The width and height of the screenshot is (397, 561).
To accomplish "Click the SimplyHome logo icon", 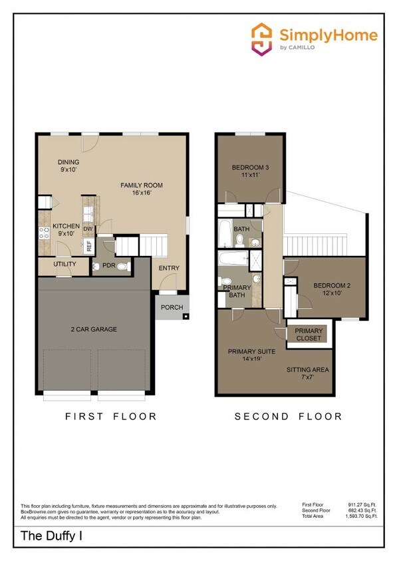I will click(x=262, y=39).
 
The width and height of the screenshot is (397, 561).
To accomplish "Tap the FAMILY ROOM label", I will click(x=141, y=185).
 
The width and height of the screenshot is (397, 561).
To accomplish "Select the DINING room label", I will click(x=68, y=162).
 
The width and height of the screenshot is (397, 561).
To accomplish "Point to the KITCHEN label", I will click(x=66, y=227).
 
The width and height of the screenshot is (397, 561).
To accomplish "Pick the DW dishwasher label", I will click(x=88, y=229).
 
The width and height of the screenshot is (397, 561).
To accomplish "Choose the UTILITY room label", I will click(x=65, y=265).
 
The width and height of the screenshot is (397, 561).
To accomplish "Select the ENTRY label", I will click(x=169, y=268).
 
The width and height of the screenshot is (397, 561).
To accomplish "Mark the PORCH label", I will click(x=172, y=308).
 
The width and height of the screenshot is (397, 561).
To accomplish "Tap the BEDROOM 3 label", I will click(x=249, y=168).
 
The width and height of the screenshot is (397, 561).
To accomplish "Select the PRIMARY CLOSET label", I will click(x=309, y=334).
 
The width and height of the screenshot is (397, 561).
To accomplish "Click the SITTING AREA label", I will click(x=307, y=370).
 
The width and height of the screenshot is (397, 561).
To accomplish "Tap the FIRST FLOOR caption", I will click(x=110, y=417).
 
